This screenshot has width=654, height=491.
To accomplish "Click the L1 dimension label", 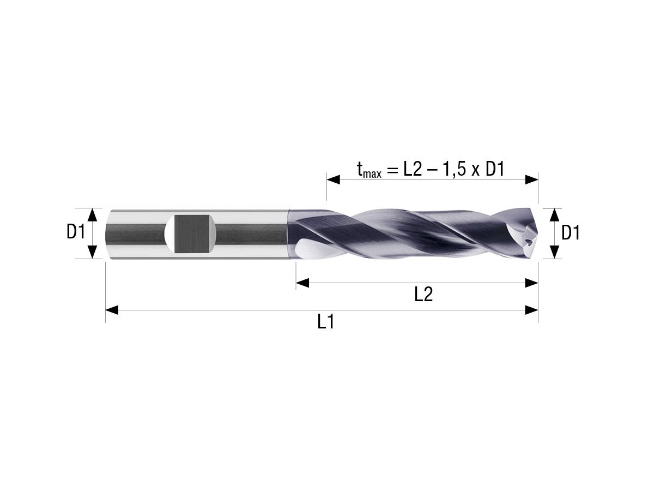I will [x=325, y=322].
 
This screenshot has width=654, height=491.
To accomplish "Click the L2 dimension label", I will [x=423, y=295].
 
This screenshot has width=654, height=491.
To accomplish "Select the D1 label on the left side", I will [x=76, y=233].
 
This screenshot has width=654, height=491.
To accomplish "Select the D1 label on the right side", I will [x=571, y=233].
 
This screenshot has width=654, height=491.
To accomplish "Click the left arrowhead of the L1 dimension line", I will [x=112, y=310].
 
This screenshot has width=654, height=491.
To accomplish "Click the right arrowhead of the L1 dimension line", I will [x=531, y=310].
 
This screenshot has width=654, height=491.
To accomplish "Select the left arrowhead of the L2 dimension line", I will [x=302, y=283].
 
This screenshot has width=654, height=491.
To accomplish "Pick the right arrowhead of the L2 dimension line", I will [x=531, y=283].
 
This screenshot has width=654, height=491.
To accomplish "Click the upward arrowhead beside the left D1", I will [x=93, y=214].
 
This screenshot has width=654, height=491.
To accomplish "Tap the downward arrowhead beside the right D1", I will [x=554, y=252].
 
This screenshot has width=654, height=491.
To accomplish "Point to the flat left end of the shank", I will [x=107, y=234].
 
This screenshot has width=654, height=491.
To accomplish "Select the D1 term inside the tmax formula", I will [x=494, y=170].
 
